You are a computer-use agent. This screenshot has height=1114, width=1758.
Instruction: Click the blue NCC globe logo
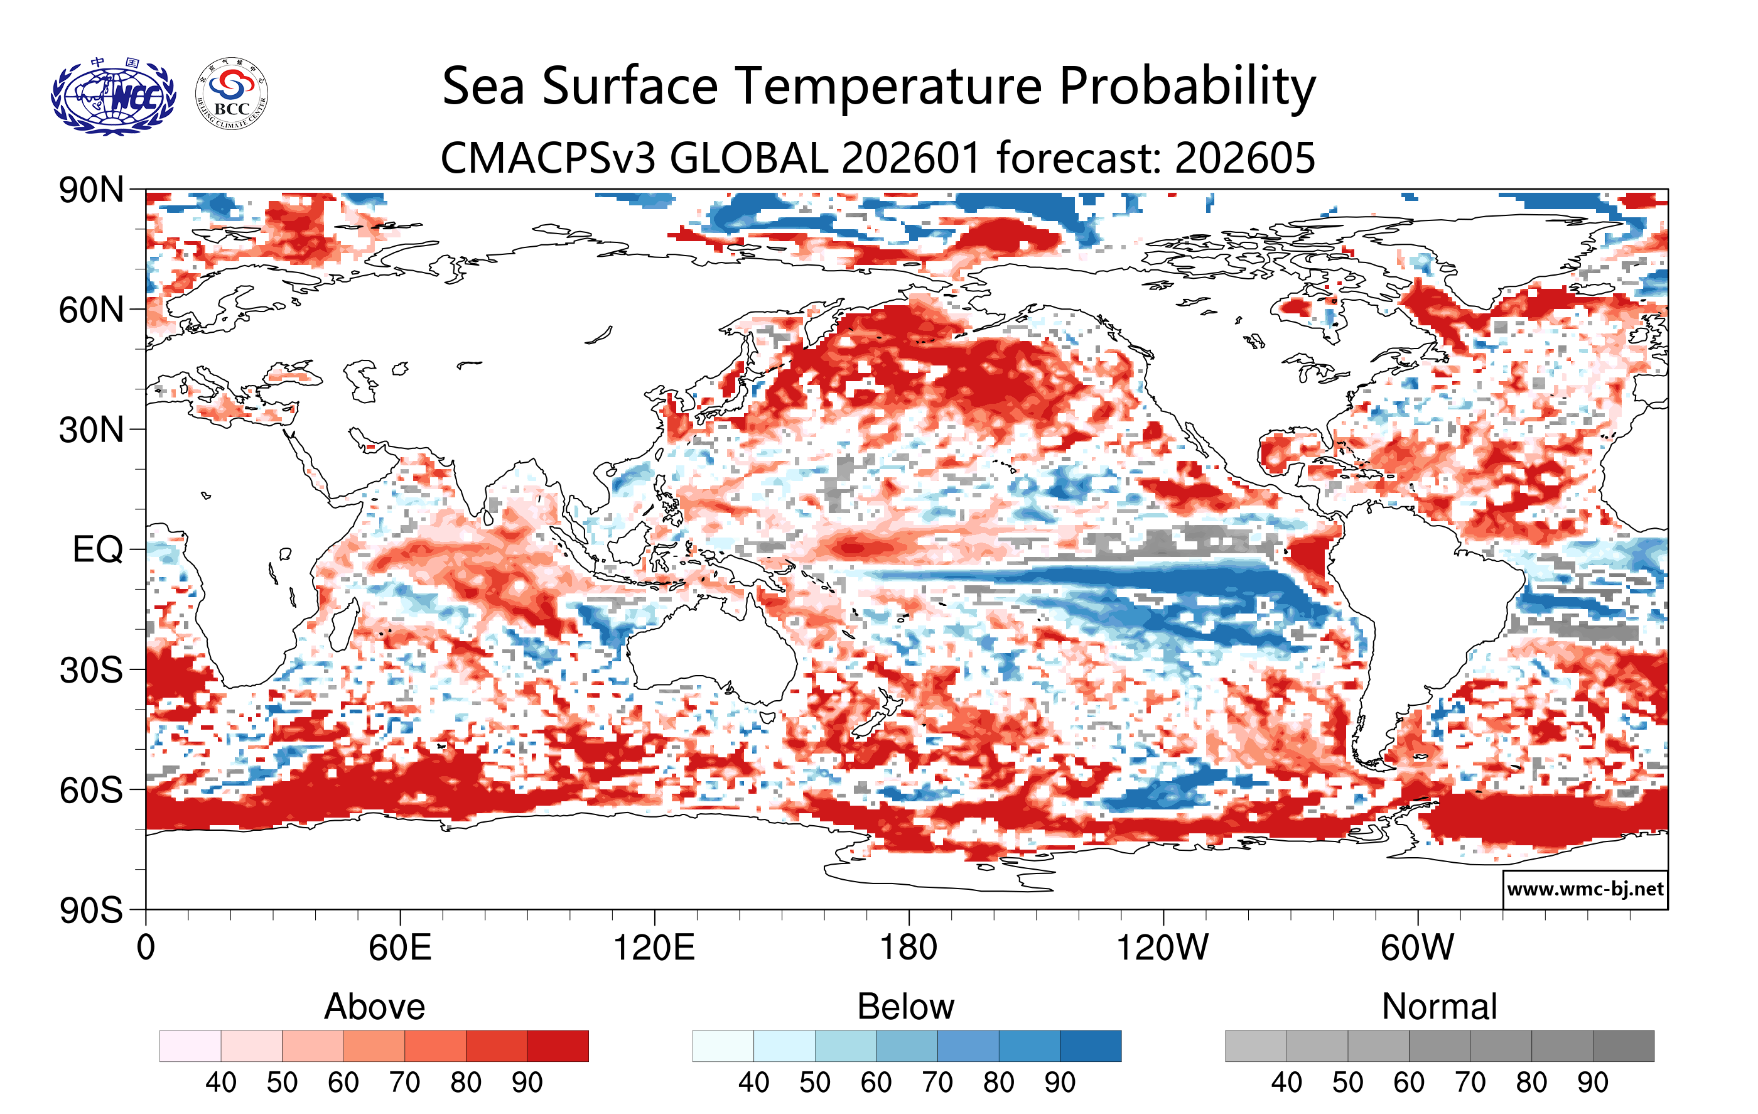point(113,96)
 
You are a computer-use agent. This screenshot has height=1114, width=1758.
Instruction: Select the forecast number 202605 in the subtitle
point(1245,158)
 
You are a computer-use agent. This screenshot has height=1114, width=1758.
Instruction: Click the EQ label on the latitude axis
point(97,549)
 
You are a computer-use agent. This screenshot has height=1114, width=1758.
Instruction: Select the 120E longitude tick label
point(654,948)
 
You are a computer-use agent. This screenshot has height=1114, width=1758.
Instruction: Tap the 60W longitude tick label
point(1417,948)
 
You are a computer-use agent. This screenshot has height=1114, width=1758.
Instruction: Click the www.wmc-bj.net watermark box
point(1585,889)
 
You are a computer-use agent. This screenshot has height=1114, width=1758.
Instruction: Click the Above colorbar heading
point(375,1007)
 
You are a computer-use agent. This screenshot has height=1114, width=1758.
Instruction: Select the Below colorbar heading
point(905,1007)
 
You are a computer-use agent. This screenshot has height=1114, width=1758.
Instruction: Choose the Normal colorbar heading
point(1439,1007)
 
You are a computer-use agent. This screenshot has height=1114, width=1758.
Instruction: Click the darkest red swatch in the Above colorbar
point(558,1046)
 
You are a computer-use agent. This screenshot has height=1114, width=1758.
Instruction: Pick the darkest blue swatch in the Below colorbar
point(1090,1046)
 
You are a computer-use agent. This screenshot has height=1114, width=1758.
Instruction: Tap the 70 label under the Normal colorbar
point(1470,1083)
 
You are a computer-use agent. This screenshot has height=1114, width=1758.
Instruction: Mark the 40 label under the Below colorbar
point(753,1083)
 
